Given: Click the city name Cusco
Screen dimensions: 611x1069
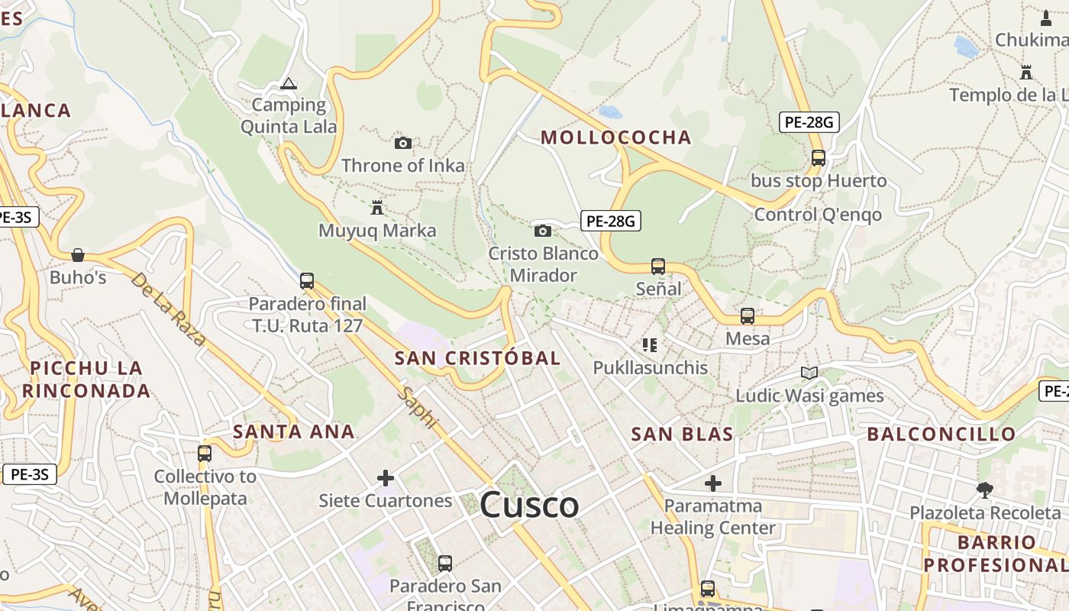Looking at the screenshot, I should tap(529, 505).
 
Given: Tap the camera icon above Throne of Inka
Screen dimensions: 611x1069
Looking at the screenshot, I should tap(403, 143).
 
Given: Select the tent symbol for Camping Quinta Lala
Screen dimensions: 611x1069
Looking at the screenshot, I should tap(288, 83).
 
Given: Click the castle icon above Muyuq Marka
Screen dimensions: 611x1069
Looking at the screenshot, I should tap(376, 207).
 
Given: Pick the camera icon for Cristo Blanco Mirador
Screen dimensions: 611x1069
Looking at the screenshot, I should tap(542, 231).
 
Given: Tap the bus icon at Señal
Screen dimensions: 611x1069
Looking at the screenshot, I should tap(658, 267).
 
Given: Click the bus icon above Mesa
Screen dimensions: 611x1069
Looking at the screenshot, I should tap(748, 315).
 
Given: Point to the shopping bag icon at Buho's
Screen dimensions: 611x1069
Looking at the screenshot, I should tap(78, 254).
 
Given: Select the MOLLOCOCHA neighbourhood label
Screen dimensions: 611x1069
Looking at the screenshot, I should tap(616, 137).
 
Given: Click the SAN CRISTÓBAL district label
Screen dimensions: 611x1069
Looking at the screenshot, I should tap(477, 358).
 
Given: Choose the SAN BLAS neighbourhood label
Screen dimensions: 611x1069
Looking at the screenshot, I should tap(682, 435).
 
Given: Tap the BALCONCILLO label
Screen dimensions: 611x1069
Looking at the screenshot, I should tap(941, 435).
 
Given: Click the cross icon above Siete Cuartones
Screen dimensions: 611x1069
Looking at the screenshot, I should tap(386, 478).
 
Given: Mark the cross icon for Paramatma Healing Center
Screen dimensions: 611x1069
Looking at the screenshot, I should tap(712, 483).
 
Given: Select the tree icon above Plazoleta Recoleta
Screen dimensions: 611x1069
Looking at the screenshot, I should tap(985, 490).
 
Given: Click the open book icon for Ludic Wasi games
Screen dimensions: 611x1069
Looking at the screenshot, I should tap(809, 373).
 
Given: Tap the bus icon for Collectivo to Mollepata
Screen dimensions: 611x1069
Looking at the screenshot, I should tap(205, 453).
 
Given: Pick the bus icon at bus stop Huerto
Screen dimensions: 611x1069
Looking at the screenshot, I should tap(819, 158).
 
